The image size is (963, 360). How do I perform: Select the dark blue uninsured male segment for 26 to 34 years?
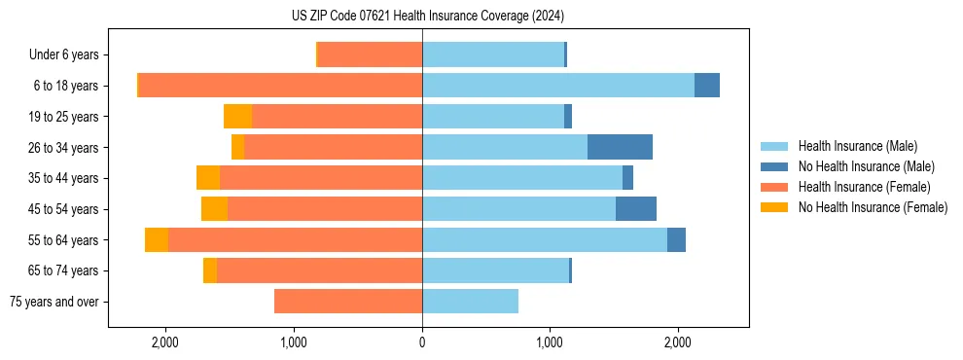pyautogui.click(x=620, y=147)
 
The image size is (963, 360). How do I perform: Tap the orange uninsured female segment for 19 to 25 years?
pyautogui.click(x=237, y=117)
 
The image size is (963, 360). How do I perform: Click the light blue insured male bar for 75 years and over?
pyautogui.click(x=470, y=302)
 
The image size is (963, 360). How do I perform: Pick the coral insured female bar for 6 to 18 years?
pyautogui.click(x=280, y=86)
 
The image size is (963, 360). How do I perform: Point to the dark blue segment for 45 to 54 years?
pyautogui.click(x=635, y=209)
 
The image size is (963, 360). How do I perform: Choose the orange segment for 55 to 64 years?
pyautogui.click(x=157, y=240)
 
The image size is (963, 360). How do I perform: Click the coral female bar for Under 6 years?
pyautogui.click(x=370, y=54)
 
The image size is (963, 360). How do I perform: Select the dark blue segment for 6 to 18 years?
pyautogui.click(x=706, y=86)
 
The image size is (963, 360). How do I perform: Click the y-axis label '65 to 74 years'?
pyautogui.click(x=64, y=271)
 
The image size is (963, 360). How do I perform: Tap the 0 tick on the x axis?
pyautogui.click(x=422, y=342)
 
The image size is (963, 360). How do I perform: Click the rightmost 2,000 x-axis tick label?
pyautogui.click(x=678, y=342)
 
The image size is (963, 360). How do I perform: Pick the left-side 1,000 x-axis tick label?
pyautogui.click(x=294, y=342)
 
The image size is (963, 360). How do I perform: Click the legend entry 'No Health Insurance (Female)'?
pyautogui.click(x=873, y=207)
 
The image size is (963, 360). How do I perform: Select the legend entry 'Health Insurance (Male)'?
pyautogui.click(x=858, y=146)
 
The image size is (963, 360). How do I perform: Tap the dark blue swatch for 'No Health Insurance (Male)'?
pyautogui.click(x=776, y=166)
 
